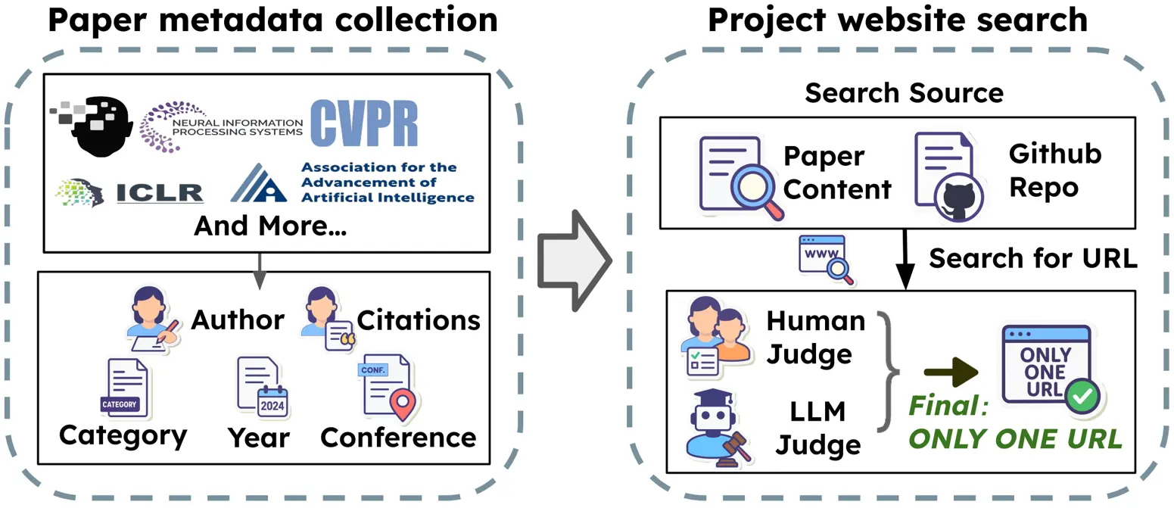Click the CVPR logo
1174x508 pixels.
coord(363,122)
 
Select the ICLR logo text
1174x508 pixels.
coord(160,192)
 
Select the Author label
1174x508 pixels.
coord(237,320)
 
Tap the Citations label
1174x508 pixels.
coord(418,320)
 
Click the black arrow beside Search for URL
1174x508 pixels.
coord(902,258)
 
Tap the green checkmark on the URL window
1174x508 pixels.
coord(1082,395)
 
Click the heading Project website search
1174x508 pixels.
coord(897,20)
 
